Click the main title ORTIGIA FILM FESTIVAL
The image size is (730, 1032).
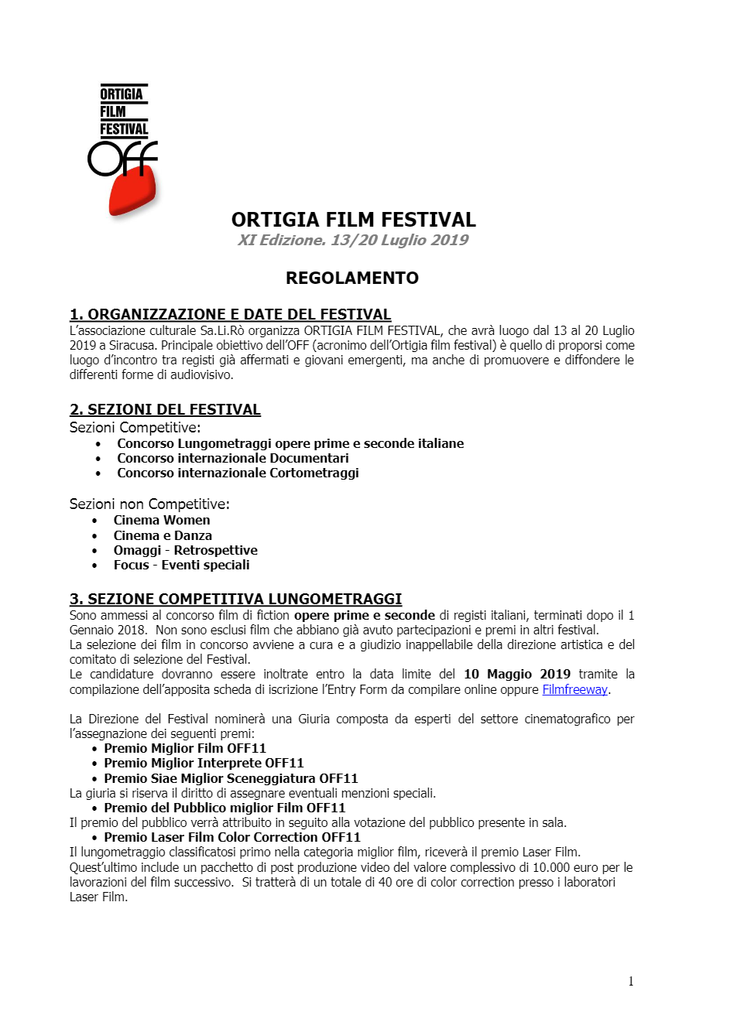click(354, 220)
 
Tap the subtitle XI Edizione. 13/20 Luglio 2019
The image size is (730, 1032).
click(353, 240)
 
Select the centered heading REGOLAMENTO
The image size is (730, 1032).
click(352, 278)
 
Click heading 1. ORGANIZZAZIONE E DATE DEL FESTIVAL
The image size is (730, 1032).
click(230, 314)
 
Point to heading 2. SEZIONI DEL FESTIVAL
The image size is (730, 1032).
click(165, 409)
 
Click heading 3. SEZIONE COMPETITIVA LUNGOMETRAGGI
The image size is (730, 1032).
click(235, 599)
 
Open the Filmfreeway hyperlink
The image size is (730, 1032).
click(574, 689)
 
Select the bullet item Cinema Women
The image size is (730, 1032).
click(162, 520)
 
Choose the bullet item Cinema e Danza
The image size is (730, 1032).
click(163, 535)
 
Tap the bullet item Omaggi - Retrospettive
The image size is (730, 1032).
click(185, 550)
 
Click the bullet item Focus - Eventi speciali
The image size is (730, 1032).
click(181, 565)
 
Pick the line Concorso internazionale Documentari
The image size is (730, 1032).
click(233, 458)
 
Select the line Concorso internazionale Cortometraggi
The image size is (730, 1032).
click(238, 473)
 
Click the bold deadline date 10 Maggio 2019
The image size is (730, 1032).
click(517, 674)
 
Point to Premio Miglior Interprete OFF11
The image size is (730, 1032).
click(204, 763)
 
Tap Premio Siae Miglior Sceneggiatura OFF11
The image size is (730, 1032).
click(231, 778)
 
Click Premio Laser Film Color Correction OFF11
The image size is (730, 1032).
click(232, 837)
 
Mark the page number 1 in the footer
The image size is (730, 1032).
click(631, 981)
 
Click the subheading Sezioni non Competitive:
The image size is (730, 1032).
click(149, 504)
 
